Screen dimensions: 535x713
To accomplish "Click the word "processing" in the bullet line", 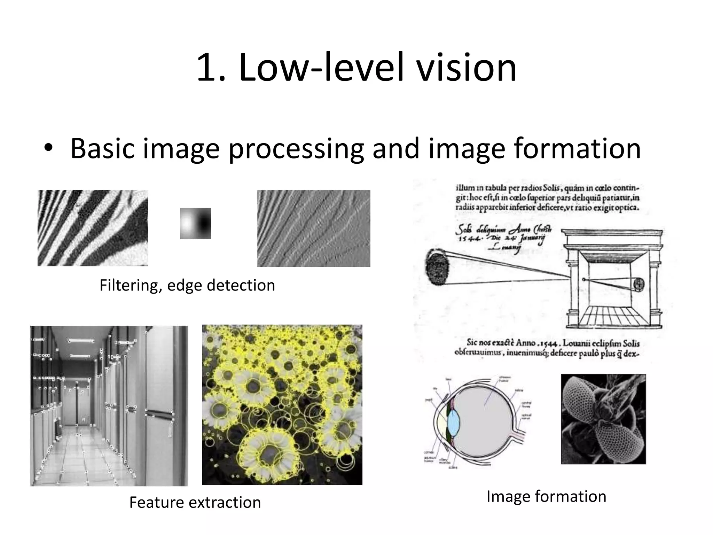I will (296, 149).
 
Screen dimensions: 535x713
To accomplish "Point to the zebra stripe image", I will (93, 228).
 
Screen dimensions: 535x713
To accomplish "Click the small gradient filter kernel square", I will (195, 223).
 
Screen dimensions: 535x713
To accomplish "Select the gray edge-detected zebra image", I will (314, 228).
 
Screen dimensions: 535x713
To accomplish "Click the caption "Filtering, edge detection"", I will (187, 285).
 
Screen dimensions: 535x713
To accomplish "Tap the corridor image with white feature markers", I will (109, 406).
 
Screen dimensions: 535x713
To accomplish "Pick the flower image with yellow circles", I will (282, 405).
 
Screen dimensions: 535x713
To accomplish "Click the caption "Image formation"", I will (546, 496).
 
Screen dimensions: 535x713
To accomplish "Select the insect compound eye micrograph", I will (603, 419).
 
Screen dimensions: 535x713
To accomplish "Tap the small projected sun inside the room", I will (639, 284).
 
